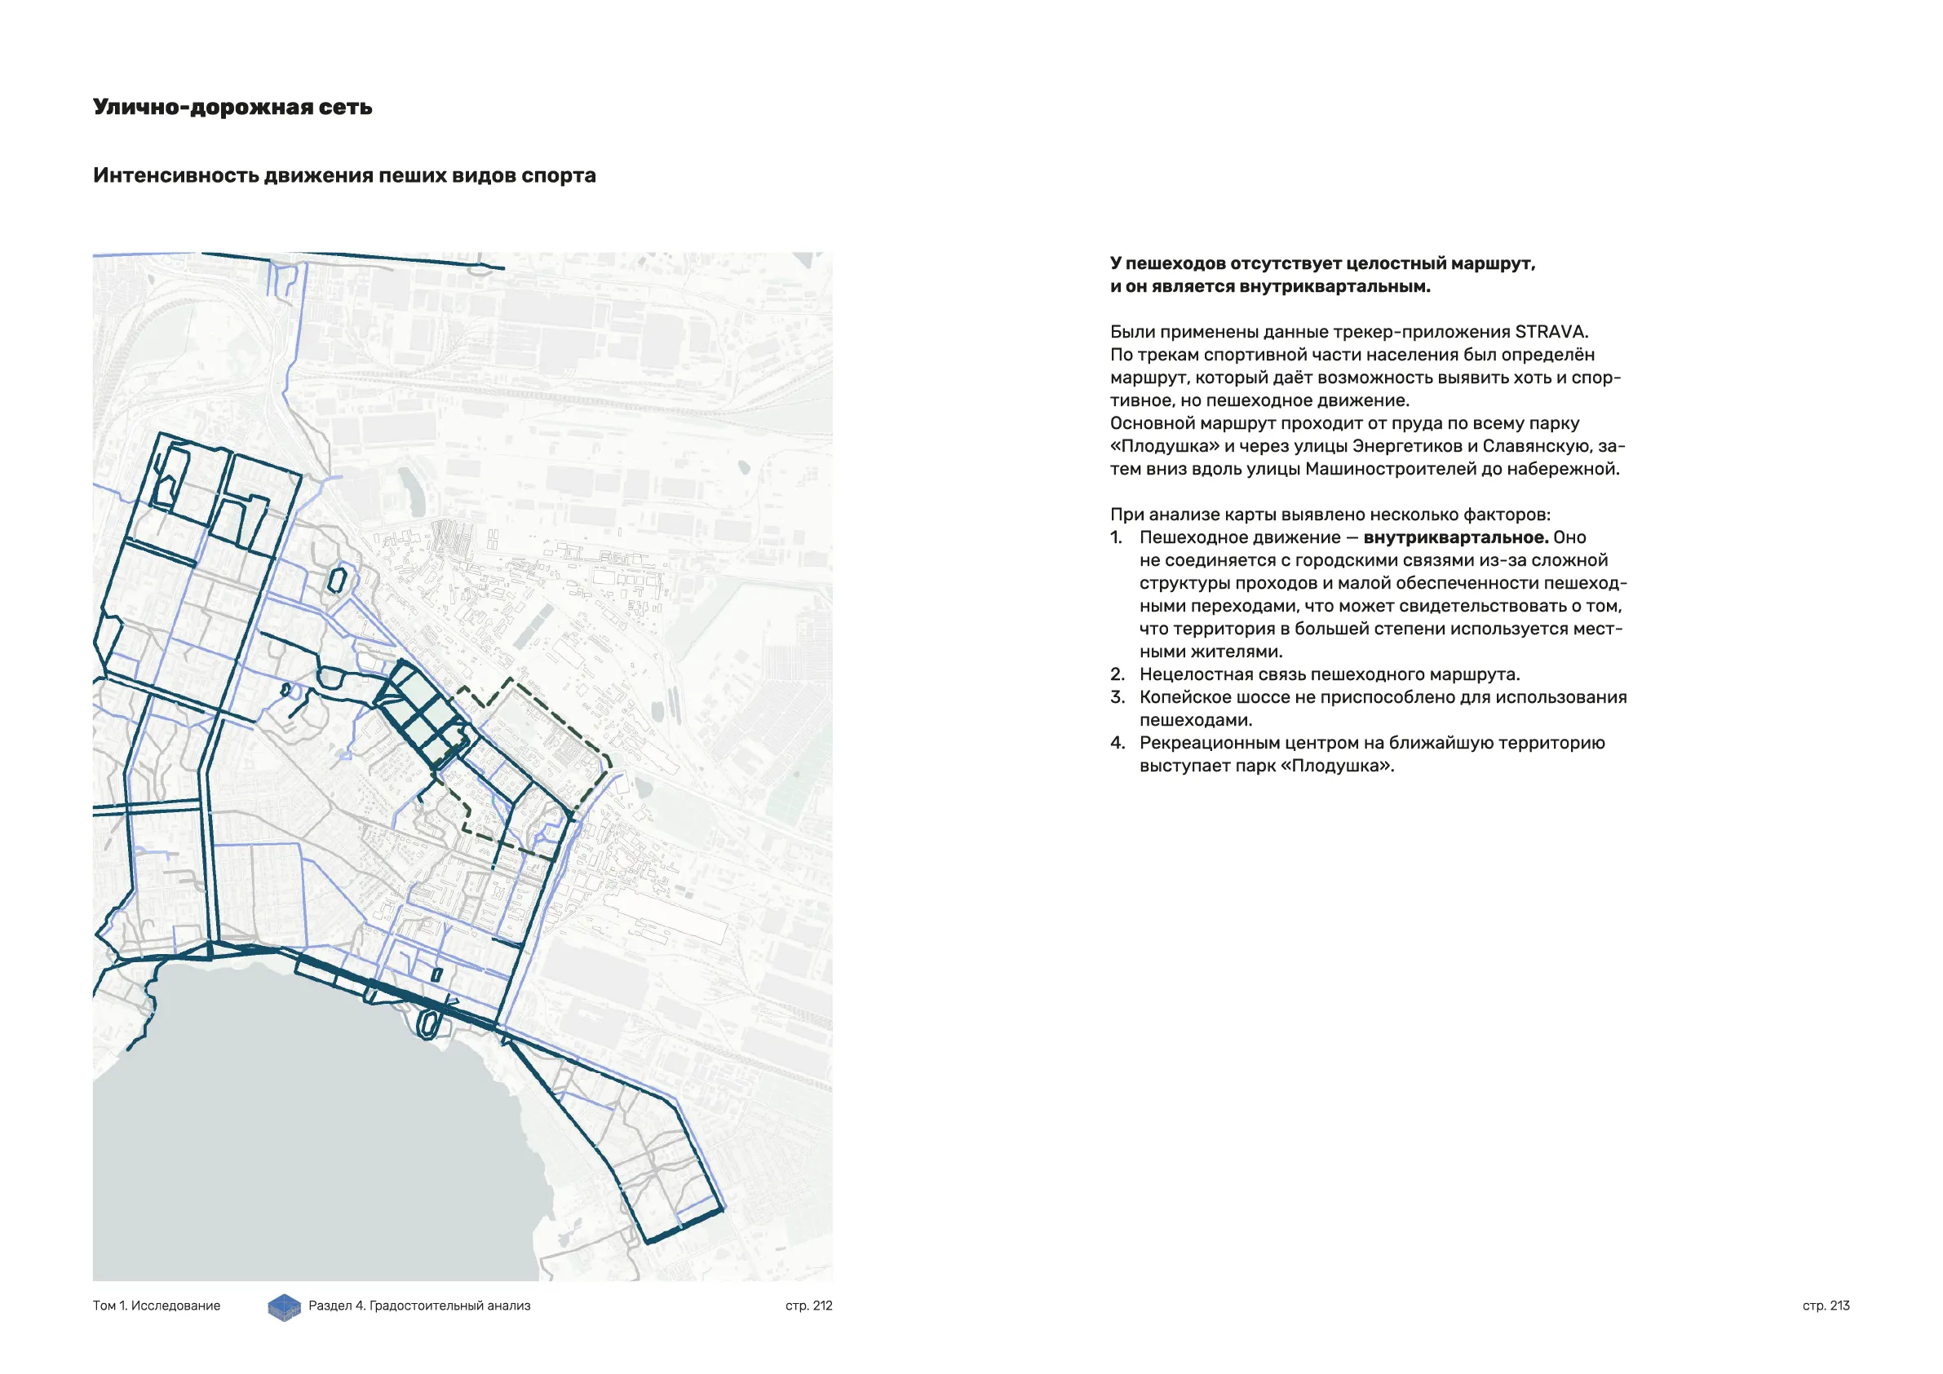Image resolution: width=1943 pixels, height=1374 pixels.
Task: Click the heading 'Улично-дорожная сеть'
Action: coord(232,108)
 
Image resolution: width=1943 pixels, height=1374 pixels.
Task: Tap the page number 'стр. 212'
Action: coord(808,1306)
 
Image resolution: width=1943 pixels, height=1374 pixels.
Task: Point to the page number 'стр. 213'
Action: coord(1826,1306)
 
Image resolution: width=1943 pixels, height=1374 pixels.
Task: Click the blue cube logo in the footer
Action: coord(285,1307)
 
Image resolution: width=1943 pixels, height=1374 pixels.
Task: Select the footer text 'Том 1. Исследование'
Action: coord(157,1306)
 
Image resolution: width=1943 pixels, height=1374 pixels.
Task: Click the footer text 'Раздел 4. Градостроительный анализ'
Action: coord(419,1306)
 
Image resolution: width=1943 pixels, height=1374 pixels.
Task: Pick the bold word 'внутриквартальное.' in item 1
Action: coord(1455,537)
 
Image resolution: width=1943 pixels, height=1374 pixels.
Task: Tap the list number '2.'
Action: coord(1117,674)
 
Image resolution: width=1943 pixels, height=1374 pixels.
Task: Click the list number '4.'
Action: coord(1117,743)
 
